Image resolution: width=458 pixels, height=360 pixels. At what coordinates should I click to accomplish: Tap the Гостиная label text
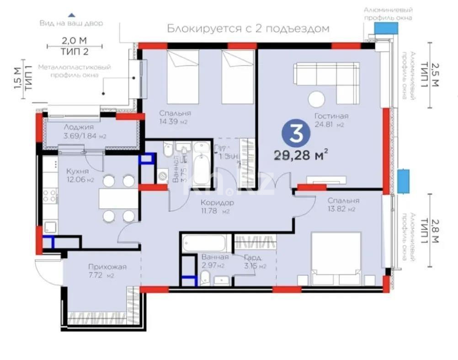coord(331,116)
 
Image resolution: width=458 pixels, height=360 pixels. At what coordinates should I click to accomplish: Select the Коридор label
coord(218,202)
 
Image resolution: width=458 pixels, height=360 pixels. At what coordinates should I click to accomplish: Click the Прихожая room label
coord(107,267)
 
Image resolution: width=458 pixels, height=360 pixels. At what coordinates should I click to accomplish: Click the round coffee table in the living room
coord(316,99)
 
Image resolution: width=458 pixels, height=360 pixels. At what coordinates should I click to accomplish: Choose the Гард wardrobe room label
coord(252,257)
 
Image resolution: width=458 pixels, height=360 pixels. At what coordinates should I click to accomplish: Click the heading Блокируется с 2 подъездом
coord(248,28)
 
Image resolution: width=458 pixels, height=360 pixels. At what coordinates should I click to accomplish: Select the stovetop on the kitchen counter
coord(49,195)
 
